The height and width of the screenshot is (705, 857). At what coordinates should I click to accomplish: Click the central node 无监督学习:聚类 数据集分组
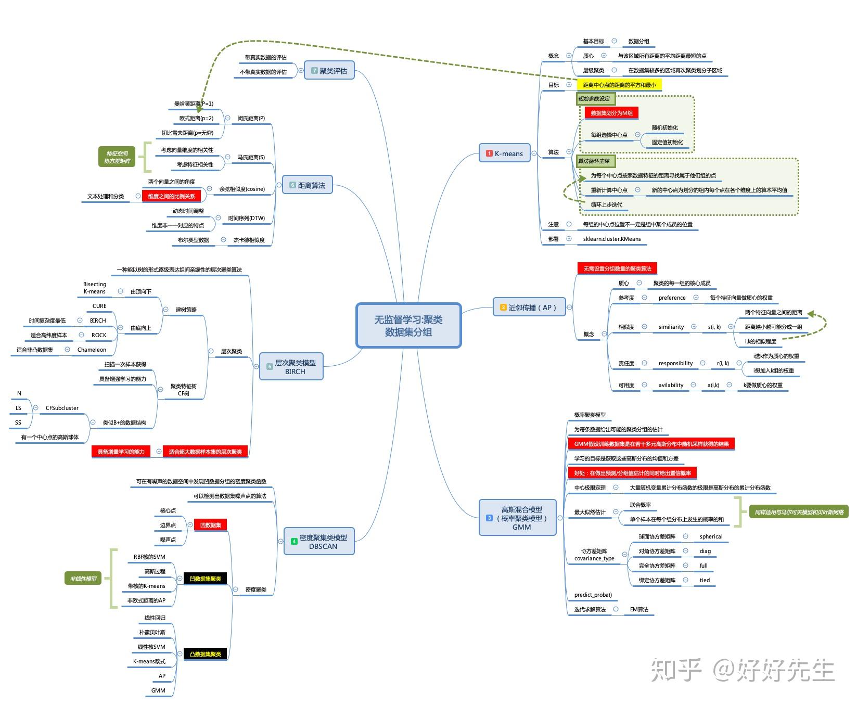coord(408,326)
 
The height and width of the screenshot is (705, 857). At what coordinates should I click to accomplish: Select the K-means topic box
coord(504,153)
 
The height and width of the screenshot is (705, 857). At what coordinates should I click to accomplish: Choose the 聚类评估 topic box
coord(329,71)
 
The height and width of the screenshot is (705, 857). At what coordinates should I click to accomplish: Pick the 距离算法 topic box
coord(307,185)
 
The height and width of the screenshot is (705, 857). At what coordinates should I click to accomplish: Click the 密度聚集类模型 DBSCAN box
coord(319,542)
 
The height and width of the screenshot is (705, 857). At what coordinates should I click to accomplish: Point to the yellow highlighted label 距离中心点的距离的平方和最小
coord(619,85)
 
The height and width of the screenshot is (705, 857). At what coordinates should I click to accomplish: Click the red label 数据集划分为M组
coord(611,113)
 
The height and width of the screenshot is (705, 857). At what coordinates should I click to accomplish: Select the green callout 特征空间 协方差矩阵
coord(117,157)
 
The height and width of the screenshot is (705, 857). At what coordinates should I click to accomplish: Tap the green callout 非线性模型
coord(83,579)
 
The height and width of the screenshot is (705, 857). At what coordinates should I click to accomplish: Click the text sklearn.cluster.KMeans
coord(612,239)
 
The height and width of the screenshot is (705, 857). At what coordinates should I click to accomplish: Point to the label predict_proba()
coord(593,595)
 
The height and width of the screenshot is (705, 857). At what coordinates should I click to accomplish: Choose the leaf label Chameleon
coord(92,350)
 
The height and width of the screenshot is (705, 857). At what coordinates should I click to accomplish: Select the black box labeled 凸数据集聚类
coord(206,654)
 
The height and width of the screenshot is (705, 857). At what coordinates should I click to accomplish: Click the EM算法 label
coord(639,609)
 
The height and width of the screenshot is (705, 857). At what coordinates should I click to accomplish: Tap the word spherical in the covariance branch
coord(711,536)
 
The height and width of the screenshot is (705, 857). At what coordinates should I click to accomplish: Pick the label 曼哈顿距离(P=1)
coord(194,104)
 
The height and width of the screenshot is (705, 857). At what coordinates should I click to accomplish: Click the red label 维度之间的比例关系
coord(171,196)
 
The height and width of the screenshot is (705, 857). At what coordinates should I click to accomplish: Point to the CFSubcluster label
coord(62,408)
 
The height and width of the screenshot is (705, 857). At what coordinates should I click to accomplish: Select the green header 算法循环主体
coord(594,161)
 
